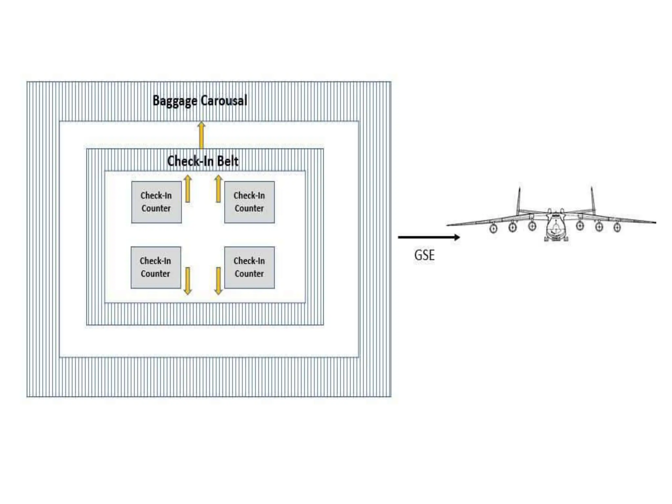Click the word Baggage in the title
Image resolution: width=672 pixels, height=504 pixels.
tap(175, 101)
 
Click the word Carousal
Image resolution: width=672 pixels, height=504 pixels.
tap(224, 100)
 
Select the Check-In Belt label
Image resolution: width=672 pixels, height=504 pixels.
tap(203, 161)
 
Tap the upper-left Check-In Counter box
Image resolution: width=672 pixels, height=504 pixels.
tap(156, 202)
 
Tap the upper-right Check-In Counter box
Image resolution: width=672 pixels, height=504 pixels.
tap(249, 202)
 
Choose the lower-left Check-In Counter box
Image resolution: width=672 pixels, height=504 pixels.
tap(156, 267)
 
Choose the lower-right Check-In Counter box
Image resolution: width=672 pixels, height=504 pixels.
tap(249, 267)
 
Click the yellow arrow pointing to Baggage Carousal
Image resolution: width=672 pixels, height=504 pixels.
tap(201, 135)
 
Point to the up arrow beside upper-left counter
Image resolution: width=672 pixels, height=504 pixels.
tap(188, 189)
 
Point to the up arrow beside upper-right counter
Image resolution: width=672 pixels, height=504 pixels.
tap(219, 189)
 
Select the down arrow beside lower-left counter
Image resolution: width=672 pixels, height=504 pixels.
tap(188, 281)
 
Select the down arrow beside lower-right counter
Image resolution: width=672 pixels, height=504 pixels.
tap(219, 281)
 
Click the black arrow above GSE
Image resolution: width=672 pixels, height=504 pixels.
tap(429, 237)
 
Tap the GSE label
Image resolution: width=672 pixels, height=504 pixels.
tap(424, 255)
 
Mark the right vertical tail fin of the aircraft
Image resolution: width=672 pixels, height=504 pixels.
tap(593, 200)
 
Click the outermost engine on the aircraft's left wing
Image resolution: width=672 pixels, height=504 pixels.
tap(493, 228)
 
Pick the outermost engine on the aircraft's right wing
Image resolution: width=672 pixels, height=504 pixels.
tap(617, 227)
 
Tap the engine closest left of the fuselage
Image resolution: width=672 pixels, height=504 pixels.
tap(532, 226)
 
